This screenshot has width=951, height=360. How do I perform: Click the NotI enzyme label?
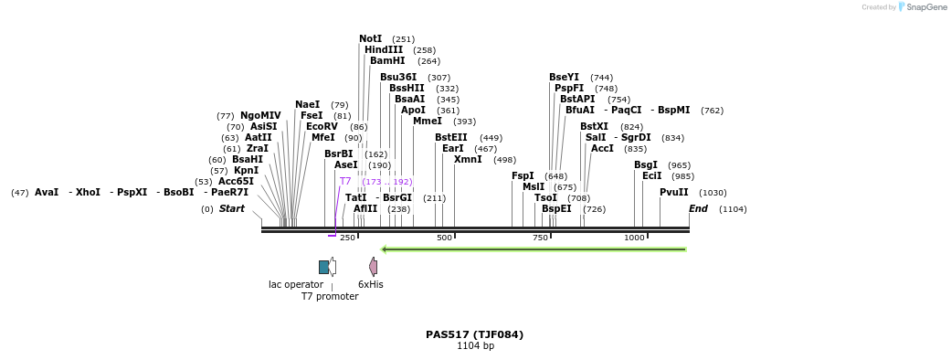tap(370, 39)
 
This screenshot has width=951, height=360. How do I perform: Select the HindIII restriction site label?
tap(383, 50)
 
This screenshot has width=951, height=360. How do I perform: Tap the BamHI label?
tap(387, 61)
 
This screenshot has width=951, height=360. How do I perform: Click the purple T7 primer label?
tap(345, 182)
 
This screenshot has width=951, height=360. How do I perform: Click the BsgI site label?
tap(646, 165)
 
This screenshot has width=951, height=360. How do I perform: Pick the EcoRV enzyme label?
tap(322, 126)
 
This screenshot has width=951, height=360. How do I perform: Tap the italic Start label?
tap(231, 209)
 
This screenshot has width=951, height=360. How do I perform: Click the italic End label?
tap(698, 209)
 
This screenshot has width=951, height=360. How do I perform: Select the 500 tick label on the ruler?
tap(445, 238)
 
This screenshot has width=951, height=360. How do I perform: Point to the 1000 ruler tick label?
tap(634, 238)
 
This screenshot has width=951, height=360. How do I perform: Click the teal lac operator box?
tap(323, 267)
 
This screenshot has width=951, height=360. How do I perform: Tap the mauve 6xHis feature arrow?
tap(373, 267)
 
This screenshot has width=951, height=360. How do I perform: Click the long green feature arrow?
tap(534, 249)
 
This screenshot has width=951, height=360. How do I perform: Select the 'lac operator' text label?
tap(296, 285)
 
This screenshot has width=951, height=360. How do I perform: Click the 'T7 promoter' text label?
tap(330, 297)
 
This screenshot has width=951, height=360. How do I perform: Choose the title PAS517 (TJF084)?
tap(475, 334)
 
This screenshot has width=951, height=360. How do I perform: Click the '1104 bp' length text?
tap(475, 346)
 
